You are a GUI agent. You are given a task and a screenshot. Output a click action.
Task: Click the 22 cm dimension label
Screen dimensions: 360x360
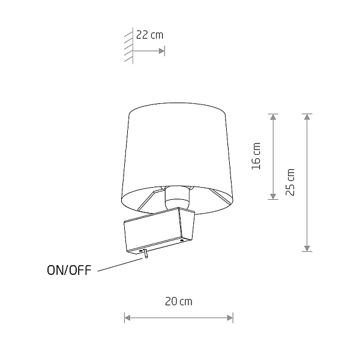pyautogui.click(x=149, y=35)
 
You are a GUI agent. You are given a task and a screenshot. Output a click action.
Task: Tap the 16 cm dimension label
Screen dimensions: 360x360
pyautogui.click(x=256, y=156)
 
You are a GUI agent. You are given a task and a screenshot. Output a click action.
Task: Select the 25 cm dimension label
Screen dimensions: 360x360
pyautogui.click(x=290, y=182)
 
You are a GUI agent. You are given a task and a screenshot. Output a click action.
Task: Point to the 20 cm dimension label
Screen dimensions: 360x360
pyautogui.click(x=179, y=301)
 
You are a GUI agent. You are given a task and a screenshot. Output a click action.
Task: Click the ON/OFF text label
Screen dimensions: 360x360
pyautogui.click(x=69, y=270)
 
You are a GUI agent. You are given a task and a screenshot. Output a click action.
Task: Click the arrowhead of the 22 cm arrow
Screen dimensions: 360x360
pyautogui.click(x=162, y=51)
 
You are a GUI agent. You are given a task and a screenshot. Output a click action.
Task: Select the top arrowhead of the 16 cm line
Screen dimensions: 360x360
pyautogui.click(x=273, y=117)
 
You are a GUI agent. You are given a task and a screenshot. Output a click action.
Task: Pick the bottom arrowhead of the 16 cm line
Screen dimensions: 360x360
pyautogui.click(x=273, y=196)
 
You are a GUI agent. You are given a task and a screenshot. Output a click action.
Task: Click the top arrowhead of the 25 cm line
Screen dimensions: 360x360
pyautogui.click(x=307, y=117)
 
